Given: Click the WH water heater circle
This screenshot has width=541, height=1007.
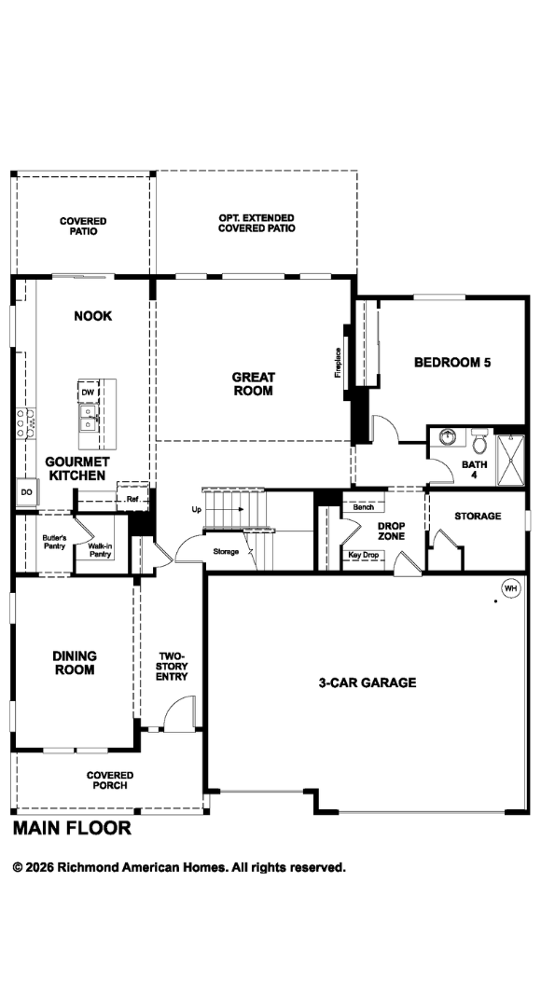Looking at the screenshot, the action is [511, 588].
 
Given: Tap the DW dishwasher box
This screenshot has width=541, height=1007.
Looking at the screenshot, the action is [87, 392].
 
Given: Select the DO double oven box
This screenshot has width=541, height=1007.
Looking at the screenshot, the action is [26, 492].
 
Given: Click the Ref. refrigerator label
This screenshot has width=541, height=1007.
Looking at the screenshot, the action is [132, 498].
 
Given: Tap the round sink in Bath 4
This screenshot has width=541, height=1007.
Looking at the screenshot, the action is [447, 437].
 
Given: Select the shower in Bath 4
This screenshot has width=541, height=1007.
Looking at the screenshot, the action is [510, 460].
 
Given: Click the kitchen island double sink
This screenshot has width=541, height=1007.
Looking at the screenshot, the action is [88, 418].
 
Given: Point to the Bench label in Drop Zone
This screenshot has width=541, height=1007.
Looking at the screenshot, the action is [363, 507].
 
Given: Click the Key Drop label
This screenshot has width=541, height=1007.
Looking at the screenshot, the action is [363, 555].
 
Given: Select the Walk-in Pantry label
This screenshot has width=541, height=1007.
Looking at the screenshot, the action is [100, 550].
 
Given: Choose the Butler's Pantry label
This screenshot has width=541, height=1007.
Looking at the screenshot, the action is [54, 542].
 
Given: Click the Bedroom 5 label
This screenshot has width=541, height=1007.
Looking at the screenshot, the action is [452, 362].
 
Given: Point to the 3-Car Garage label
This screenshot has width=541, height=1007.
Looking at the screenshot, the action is [368, 683].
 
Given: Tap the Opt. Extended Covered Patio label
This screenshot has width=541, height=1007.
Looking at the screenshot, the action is [257, 223].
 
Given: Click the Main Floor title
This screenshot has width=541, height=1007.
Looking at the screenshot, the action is [72, 828].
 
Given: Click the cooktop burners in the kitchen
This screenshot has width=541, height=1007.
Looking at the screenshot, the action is [26, 422].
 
